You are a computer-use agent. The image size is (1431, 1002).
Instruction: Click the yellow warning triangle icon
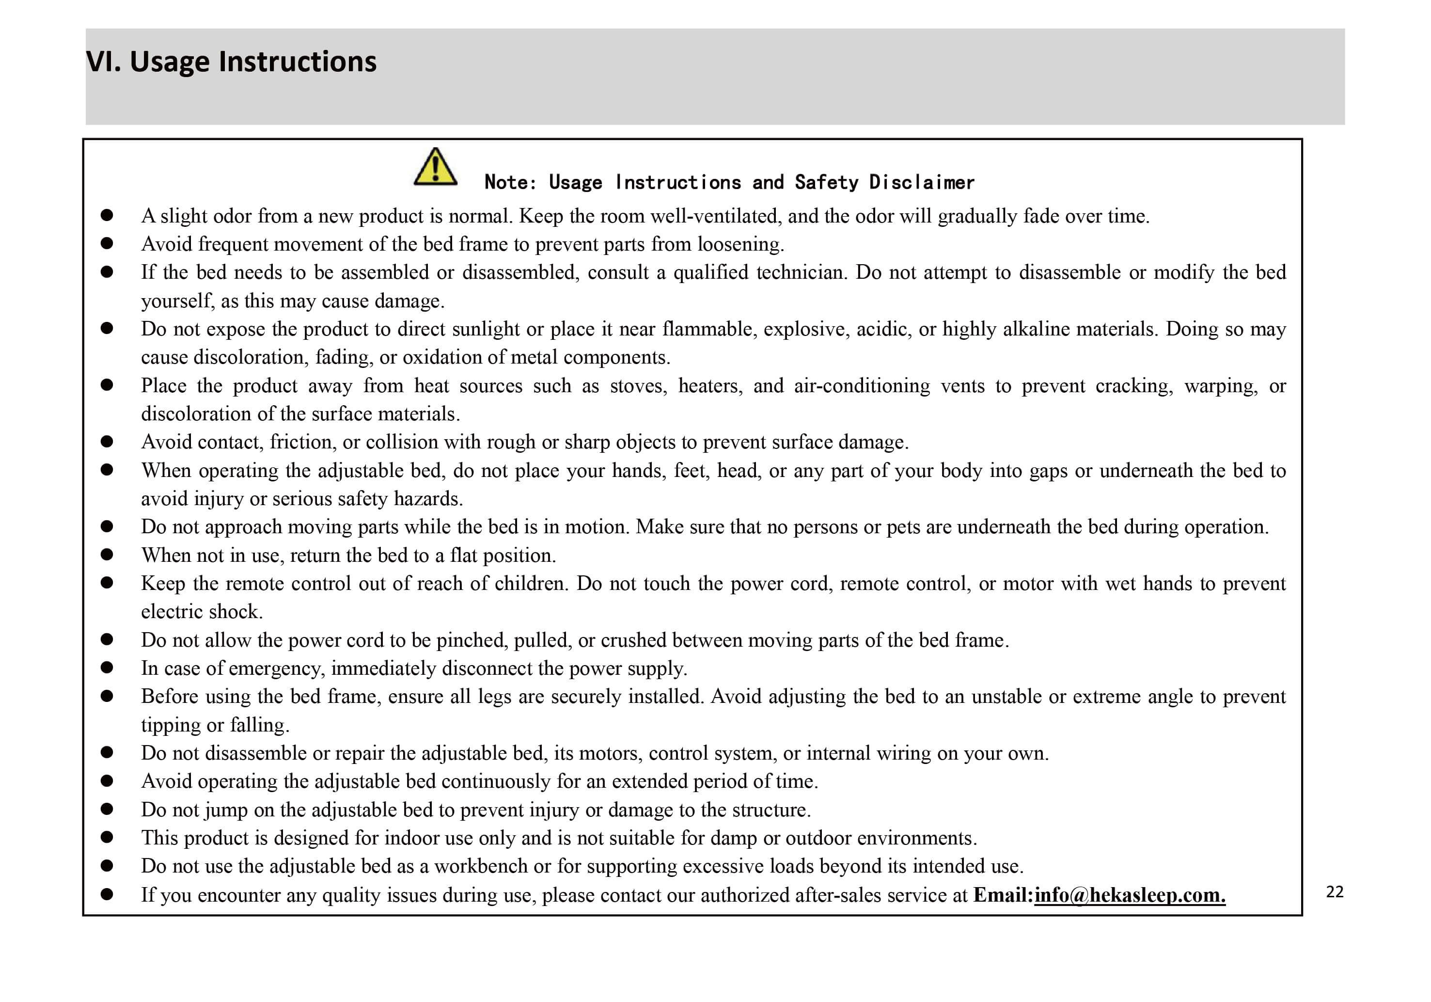coord(435,167)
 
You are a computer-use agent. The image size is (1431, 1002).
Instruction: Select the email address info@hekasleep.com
coord(1130,895)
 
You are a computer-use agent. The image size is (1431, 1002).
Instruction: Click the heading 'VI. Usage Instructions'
coord(231,62)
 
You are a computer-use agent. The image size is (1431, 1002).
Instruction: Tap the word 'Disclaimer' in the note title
coord(921,182)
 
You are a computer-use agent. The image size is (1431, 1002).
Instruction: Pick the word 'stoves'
coord(638,386)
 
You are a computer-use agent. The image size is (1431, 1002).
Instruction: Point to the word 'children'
coord(531,584)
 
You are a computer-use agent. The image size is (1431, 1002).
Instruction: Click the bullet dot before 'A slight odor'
coord(107,216)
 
